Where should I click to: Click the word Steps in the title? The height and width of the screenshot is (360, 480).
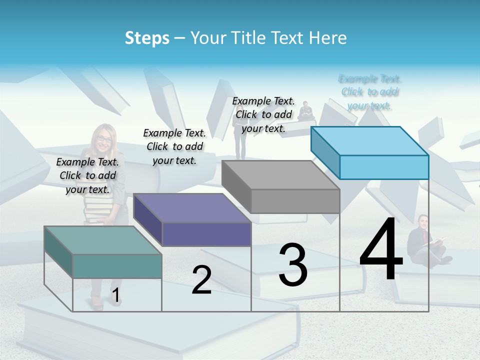(147, 38)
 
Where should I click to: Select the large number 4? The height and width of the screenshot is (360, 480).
(381, 249)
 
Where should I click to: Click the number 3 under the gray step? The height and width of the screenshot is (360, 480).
(293, 265)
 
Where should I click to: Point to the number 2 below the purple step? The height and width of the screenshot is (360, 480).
(201, 280)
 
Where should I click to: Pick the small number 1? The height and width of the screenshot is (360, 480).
(115, 295)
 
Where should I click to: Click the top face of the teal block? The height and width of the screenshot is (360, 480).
(102, 240)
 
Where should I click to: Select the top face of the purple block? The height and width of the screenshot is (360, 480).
(192, 208)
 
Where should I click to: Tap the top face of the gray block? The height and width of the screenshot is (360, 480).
(280, 175)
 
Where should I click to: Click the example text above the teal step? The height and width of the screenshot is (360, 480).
(87, 175)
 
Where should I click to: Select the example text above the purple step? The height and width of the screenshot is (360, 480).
(174, 146)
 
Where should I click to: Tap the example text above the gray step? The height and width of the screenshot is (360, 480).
(263, 114)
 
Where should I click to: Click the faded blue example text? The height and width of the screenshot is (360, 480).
(370, 92)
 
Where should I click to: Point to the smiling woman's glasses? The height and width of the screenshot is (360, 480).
(104, 139)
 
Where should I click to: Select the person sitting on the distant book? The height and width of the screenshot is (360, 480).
(305, 111)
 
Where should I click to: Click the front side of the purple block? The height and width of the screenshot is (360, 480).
(206, 234)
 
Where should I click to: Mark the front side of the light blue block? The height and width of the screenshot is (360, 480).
(384, 167)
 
